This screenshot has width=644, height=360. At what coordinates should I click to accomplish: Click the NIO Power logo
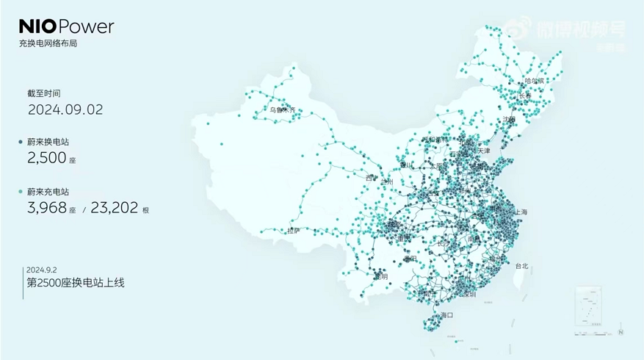[x=66, y=27]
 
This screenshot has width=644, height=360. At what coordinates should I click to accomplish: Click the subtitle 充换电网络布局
[x=48, y=44]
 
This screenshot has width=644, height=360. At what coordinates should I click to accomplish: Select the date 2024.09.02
[x=65, y=109]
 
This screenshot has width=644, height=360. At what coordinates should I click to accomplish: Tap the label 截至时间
[x=43, y=93]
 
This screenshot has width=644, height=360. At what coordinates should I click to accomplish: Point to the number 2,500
[x=48, y=157]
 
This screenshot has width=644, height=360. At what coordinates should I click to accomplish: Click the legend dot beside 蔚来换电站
[x=22, y=142]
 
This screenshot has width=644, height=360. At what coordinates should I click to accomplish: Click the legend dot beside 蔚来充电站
[x=22, y=192]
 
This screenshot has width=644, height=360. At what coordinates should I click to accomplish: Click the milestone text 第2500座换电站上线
[x=75, y=282]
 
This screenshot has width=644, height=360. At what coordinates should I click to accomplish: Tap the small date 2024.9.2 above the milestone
[x=41, y=269]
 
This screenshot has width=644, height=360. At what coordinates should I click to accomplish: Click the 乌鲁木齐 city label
[x=282, y=111]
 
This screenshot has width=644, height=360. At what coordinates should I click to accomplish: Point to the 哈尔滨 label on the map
[x=534, y=81]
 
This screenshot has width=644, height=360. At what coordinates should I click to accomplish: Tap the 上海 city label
[x=521, y=212]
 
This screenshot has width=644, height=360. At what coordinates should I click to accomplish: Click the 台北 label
[x=521, y=266]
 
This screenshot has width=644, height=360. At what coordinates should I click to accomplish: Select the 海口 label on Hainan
[x=446, y=315]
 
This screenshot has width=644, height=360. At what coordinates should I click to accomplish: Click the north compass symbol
[x=621, y=332]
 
